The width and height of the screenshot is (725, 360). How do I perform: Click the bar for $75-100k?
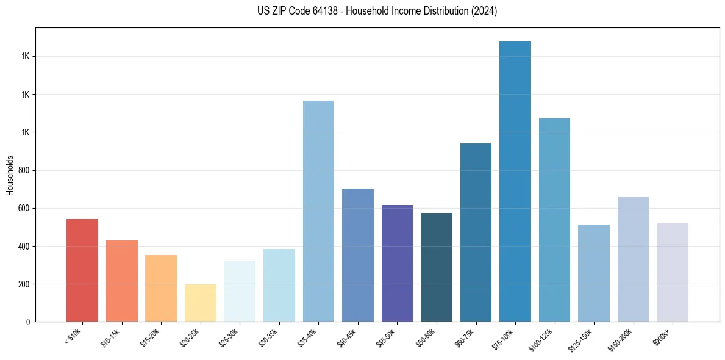[x=515, y=182]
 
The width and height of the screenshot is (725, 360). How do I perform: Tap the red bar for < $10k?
[x=82, y=270]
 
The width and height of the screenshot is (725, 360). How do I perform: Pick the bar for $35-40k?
[x=318, y=211]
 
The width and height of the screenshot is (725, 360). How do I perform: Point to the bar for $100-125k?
[x=554, y=220]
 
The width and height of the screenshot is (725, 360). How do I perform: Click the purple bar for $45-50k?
[x=397, y=263]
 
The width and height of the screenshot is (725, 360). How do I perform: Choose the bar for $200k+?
[x=672, y=272]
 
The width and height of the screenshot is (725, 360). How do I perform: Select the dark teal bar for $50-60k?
[x=436, y=267]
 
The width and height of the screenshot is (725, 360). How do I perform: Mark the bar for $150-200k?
[x=633, y=259]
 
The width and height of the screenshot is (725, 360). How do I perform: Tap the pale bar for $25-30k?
[x=240, y=291]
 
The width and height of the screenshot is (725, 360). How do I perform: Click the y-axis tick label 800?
[x=24, y=170]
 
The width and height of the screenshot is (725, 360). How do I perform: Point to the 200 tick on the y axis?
[x=24, y=284]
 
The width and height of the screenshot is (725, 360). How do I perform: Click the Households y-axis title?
[x=10, y=175]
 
